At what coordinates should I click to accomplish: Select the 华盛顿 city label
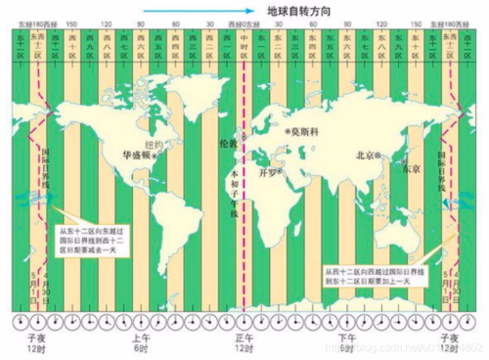[138, 154]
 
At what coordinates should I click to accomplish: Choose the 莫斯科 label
[305, 130]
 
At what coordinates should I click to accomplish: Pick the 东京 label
[411, 168]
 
